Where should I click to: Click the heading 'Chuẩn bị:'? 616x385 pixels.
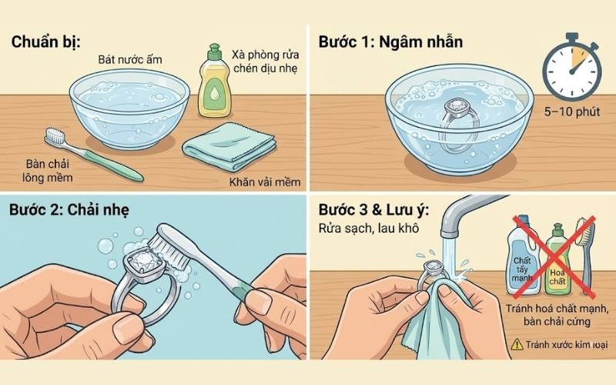click(46, 42)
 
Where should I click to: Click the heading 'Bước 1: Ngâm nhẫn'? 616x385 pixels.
click(390, 42)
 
